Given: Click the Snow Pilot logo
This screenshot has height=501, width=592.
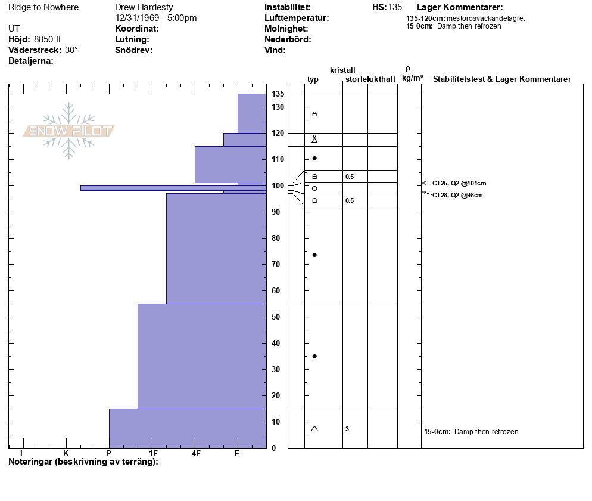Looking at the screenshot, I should tap(69, 131).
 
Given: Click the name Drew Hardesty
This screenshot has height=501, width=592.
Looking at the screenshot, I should tap(144, 7).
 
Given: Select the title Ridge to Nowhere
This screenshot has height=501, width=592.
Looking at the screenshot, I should tap(43, 7).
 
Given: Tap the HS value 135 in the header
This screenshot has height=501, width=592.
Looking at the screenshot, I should tap(395, 7).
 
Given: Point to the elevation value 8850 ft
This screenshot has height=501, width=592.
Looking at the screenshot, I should tap(48, 39).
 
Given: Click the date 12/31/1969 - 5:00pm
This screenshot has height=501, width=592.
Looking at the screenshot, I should tap(156, 18).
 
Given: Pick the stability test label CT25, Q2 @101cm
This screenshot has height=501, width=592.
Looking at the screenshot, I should tap(455, 183).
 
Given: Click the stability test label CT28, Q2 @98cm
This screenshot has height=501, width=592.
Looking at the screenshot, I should tap(457, 195).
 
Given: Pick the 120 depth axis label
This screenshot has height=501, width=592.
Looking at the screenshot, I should tap(278, 133).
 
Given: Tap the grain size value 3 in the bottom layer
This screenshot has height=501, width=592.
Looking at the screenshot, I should tap(347, 429).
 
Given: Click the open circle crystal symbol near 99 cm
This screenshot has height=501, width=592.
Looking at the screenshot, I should tap(314, 188).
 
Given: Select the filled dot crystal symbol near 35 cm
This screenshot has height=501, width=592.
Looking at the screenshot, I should tap(314, 356).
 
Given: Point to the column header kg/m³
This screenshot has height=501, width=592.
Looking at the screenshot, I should tap(412, 78).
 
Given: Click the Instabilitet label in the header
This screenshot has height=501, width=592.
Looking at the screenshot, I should tap(288, 7).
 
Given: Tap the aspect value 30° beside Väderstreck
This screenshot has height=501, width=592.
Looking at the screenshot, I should tap(71, 50).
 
